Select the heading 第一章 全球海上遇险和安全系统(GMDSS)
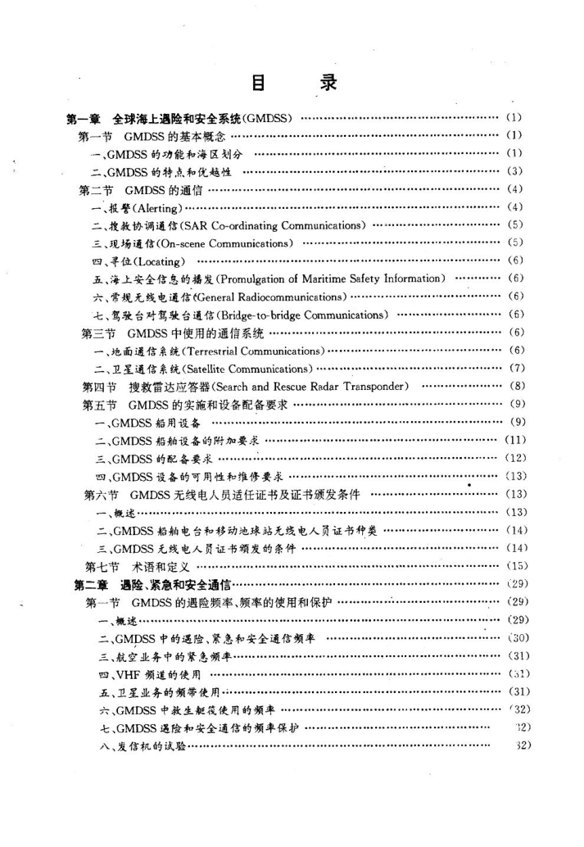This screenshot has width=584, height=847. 179,118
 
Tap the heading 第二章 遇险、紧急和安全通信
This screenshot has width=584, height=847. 152,583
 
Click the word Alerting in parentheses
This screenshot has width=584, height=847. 149,206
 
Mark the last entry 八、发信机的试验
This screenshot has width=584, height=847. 139,745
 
